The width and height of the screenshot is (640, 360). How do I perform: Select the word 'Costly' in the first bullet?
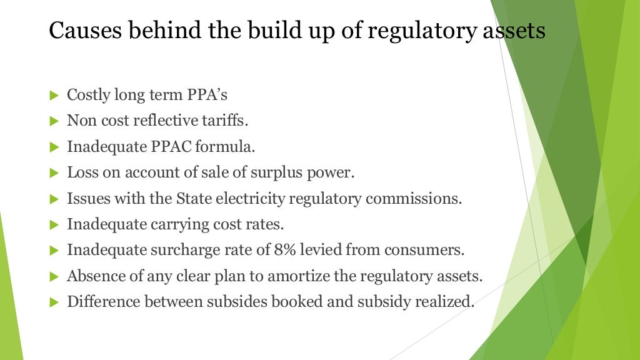[89, 96]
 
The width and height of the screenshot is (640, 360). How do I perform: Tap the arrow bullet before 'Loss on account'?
[53, 173]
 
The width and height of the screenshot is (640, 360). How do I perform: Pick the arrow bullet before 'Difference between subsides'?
[53, 302]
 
